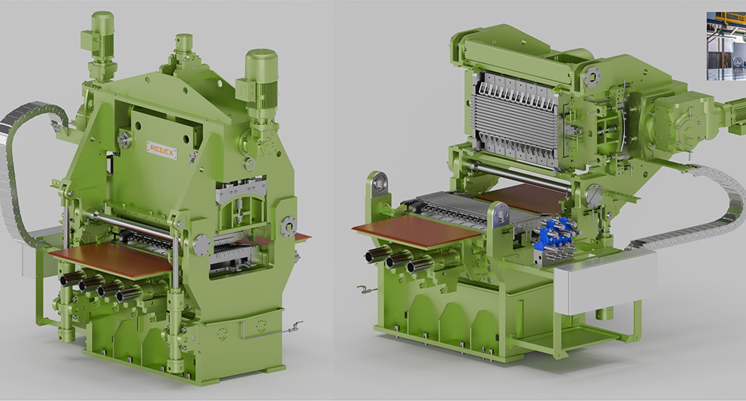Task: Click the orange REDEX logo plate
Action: point(162,150)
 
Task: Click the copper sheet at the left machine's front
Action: point(110,260)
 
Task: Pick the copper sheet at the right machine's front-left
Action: point(417,231)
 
